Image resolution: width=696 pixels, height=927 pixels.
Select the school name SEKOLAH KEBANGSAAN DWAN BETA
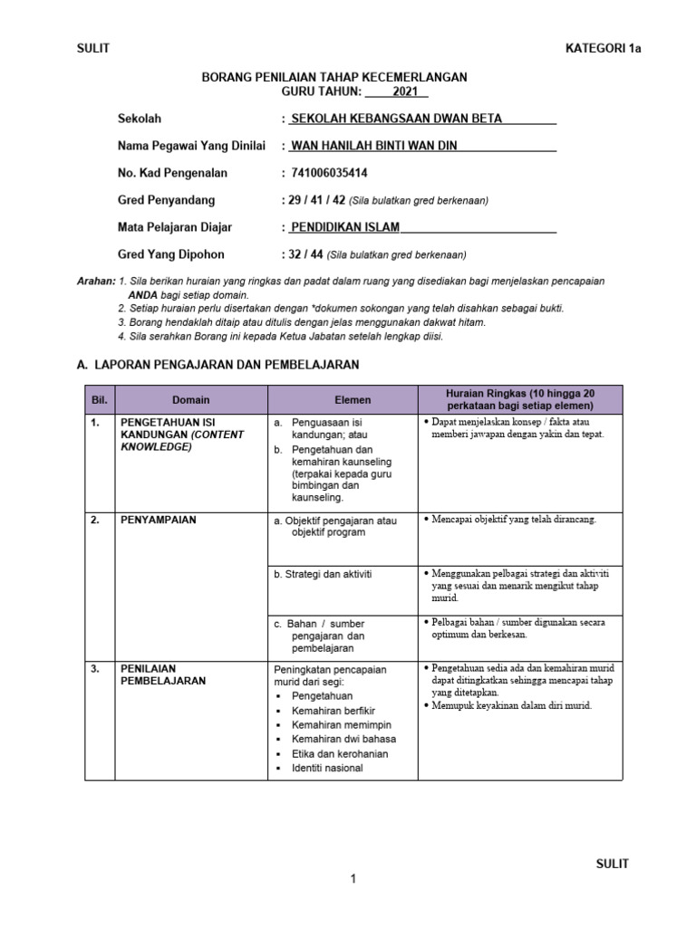395,119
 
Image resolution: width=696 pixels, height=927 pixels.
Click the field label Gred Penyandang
166,200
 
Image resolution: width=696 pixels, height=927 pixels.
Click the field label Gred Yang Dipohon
170,254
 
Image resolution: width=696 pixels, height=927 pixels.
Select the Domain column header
190,399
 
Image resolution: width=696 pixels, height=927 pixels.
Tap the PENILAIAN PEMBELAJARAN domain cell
162,674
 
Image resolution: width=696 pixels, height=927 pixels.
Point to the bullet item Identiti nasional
327,768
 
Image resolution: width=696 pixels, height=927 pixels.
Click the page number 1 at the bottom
353,878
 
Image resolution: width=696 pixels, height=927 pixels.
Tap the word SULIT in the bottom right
612,864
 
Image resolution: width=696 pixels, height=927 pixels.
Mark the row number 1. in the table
94,422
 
